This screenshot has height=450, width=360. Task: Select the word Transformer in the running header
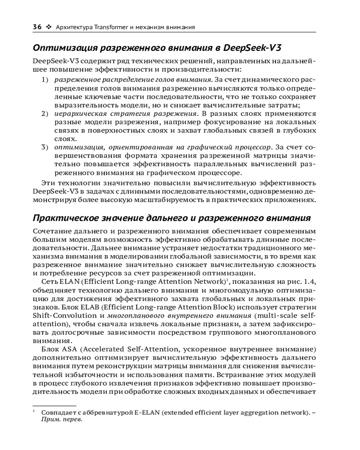coord(111,27)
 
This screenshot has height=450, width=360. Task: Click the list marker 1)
coord(45,80)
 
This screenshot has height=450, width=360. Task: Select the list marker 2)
coord(45,113)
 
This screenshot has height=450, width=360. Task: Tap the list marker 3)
coord(45,147)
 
